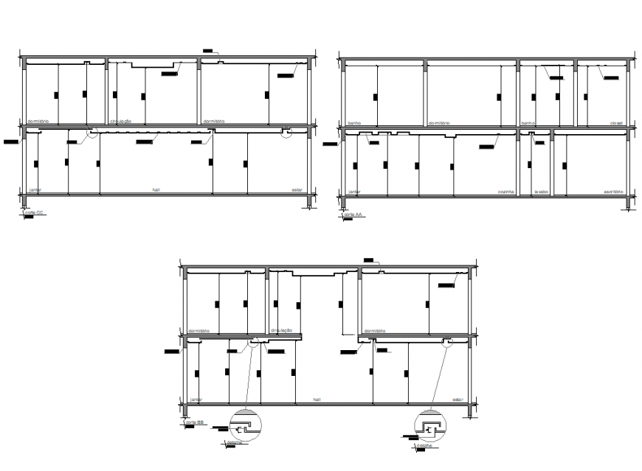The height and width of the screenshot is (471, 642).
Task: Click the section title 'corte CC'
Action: pyautogui.click(x=33, y=214)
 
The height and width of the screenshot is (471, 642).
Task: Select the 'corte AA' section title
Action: pyautogui.click(x=356, y=214)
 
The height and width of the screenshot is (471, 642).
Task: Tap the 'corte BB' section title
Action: pyautogui.click(x=195, y=424)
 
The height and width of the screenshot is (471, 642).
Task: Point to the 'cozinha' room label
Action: pyautogui.click(x=505, y=192)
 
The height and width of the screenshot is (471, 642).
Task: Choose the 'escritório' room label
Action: pyautogui.click(x=614, y=192)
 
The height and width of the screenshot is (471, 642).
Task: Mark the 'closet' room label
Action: pyautogui.click(x=617, y=122)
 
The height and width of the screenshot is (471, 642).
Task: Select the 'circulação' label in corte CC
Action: pyautogui.click(x=120, y=121)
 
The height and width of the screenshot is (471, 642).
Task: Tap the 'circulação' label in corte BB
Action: pyautogui.click(x=282, y=331)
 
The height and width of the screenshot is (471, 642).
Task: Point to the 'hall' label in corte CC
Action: pyautogui.click(x=156, y=189)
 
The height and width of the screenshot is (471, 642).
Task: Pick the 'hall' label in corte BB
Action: pyautogui.click(x=317, y=400)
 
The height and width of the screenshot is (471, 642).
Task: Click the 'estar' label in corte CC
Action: pyautogui.click(x=297, y=189)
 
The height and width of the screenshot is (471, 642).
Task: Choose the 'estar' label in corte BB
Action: pyautogui.click(x=458, y=400)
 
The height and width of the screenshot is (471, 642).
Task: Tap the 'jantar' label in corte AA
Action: pyautogui.click(x=354, y=192)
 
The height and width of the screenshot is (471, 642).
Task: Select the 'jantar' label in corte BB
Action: pyautogui.click(x=195, y=400)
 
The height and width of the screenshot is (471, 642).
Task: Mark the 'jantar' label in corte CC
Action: pyautogui.click(x=34, y=189)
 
